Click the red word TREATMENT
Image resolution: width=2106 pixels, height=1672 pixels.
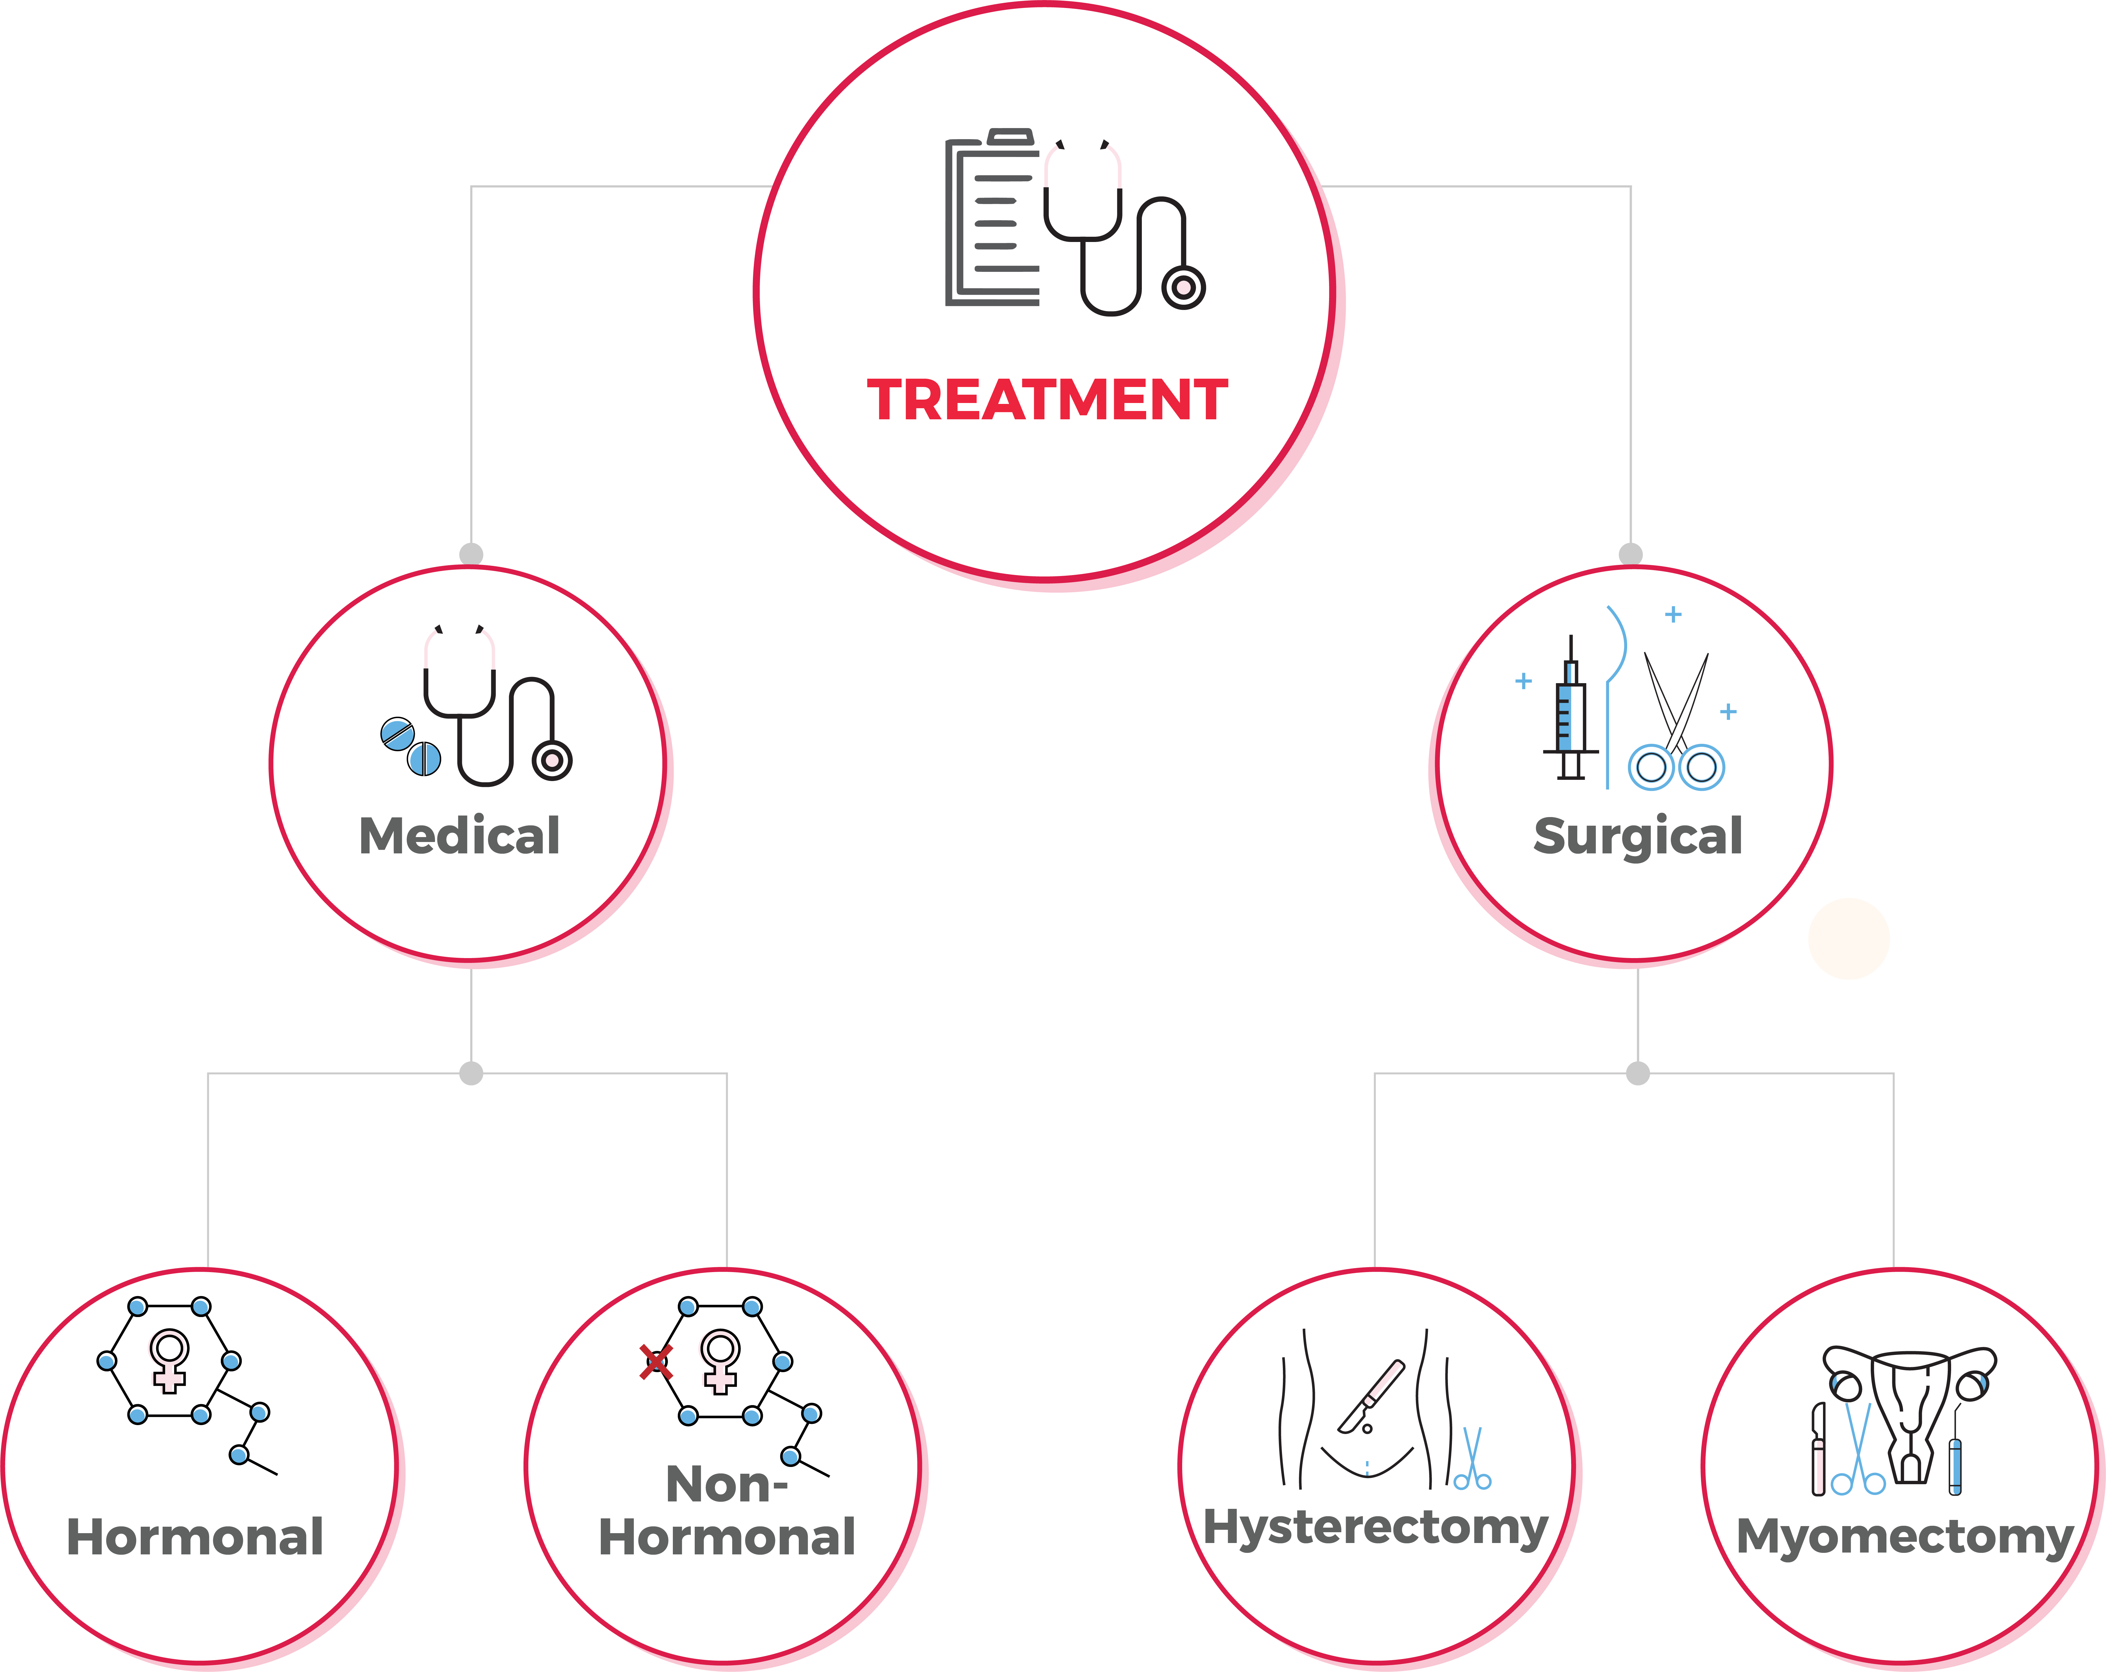(1047, 401)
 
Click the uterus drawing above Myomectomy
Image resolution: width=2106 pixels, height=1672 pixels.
(1910, 1406)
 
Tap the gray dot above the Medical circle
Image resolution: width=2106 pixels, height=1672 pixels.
(471, 554)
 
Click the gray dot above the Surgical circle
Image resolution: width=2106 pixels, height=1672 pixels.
(1630, 554)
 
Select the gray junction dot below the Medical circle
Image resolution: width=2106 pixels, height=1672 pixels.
(471, 1073)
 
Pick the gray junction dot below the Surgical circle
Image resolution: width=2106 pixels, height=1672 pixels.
(1638, 1073)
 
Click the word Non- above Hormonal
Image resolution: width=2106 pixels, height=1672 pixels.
(726, 1485)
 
